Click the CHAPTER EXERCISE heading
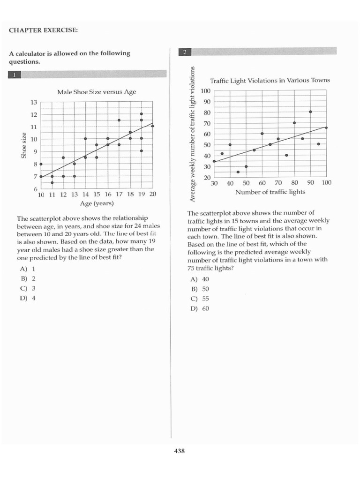tap(43, 30)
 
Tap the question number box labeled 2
tap(185, 52)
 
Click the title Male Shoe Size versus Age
tap(96, 92)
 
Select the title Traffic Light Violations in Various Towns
tap(270, 80)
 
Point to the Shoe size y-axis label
tap(23, 145)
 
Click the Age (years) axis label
tap(97, 203)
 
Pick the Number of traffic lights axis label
tap(270, 192)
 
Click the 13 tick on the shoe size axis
tap(34, 102)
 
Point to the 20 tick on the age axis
tap(152, 194)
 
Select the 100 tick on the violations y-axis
tap(205, 91)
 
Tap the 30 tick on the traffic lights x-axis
tap(214, 183)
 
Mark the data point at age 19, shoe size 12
tap(142, 114)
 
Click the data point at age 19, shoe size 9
tap(142, 150)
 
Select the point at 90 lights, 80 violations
tap(310, 112)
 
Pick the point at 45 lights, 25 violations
tap(238, 172)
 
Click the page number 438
tap(180, 451)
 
